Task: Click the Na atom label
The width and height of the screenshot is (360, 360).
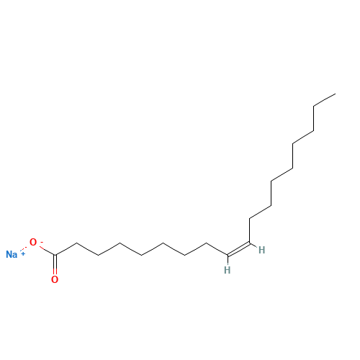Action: [x=12, y=254]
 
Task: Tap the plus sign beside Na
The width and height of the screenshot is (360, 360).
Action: [x=23, y=253]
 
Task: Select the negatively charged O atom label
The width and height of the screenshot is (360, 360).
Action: [x=33, y=242]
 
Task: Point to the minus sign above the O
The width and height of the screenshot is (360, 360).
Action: [x=42, y=242]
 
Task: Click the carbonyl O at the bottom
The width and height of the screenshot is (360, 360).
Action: [x=55, y=279]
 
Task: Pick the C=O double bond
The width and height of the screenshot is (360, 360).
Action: [x=55, y=265]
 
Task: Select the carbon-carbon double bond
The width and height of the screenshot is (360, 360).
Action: [x=238, y=249]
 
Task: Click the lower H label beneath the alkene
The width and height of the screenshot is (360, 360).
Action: [x=227, y=270]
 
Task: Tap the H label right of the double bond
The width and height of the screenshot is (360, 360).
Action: [x=261, y=250]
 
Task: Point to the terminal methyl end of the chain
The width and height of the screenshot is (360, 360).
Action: [x=336, y=94]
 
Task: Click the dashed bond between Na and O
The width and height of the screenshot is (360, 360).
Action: [x=24, y=248]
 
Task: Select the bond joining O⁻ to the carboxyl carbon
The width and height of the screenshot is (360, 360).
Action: [x=47, y=251]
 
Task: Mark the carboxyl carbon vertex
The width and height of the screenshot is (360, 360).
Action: [x=55, y=255]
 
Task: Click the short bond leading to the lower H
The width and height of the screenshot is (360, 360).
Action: [x=228, y=260]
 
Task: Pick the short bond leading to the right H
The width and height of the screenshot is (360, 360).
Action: [x=253, y=246]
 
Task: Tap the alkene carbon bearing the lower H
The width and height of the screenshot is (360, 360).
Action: [x=228, y=255]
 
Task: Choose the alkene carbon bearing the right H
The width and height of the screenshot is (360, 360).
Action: [x=250, y=243]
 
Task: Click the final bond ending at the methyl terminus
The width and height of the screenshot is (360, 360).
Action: [x=325, y=100]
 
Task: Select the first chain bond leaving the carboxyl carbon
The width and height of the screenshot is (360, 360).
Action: [x=66, y=249]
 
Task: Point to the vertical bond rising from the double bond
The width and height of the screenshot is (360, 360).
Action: [x=250, y=230]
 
